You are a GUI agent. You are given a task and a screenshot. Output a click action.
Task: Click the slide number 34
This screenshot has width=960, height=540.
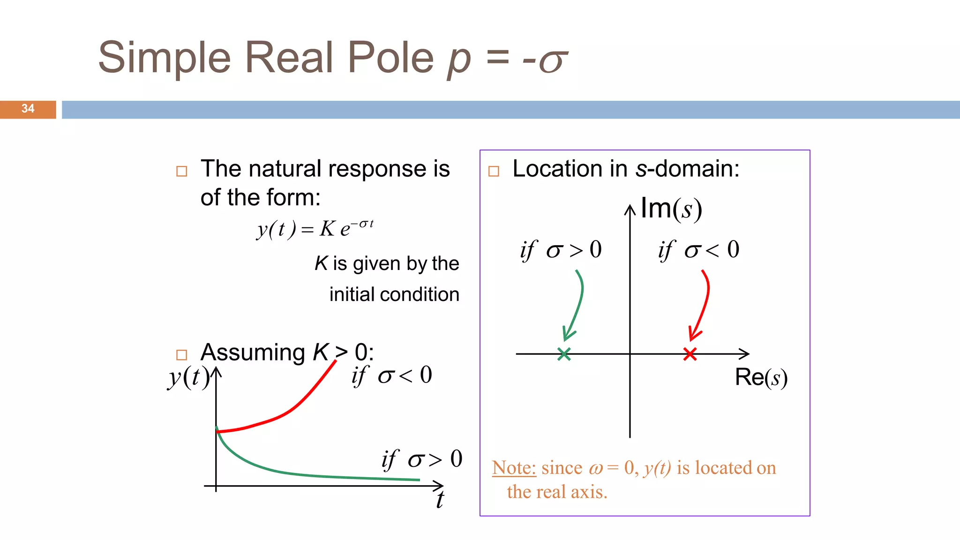(28, 109)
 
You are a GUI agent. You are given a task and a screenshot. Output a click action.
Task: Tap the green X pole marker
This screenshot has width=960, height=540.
(564, 354)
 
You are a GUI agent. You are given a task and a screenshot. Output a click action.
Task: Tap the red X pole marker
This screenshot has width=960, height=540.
(690, 354)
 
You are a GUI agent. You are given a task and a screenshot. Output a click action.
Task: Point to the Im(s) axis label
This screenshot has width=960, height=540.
(671, 209)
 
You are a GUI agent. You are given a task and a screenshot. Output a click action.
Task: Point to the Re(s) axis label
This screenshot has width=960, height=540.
(761, 377)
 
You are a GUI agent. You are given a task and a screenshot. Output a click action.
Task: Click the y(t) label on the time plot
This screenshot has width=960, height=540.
(188, 377)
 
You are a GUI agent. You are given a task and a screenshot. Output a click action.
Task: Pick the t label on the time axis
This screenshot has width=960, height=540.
(439, 500)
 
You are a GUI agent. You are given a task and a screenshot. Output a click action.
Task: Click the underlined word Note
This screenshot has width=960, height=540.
(514, 468)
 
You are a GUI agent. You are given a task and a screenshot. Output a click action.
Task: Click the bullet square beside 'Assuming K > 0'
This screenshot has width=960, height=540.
(181, 355)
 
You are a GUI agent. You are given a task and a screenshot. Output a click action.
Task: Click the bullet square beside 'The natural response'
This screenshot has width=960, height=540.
(181, 171)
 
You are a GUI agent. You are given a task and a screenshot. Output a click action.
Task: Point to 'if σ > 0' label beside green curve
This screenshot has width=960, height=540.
(422, 459)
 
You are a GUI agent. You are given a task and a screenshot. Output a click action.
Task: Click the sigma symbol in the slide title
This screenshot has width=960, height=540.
(553, 61)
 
